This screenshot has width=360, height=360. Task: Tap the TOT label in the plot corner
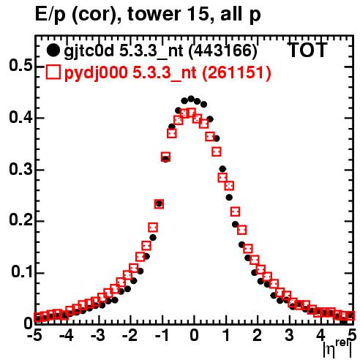(x=307, y=50)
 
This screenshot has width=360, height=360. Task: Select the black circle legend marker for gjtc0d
(x=53, y=50)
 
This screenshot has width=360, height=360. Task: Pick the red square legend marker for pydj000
(x=53, y=72)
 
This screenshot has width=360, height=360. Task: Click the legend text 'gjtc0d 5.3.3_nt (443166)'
(x=160, y=51)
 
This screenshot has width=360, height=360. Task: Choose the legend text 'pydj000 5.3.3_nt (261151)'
(x=168, y=73)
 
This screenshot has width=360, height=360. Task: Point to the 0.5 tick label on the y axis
(x=20, y=66)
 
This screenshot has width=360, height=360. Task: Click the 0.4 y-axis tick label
(x=20, y=117)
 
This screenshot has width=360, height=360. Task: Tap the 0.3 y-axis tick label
(x=20, y=169)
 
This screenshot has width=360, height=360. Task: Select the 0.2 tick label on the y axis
(x=20, y=221)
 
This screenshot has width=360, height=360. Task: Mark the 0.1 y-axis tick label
(x=21, y=272)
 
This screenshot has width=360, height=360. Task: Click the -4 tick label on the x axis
(x=67, y=335)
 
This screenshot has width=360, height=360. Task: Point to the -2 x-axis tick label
(x=130, y=335)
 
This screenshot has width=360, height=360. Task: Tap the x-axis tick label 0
(x=194, y=335)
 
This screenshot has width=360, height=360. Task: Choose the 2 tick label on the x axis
(x=258, y=335)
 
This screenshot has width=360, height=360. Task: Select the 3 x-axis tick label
(x=290, y=335)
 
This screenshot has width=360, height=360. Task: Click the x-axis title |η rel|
(x=337, y=348)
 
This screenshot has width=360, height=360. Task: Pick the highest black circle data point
(x=191, y=99)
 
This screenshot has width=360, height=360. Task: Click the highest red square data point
(x=192, y=113)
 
